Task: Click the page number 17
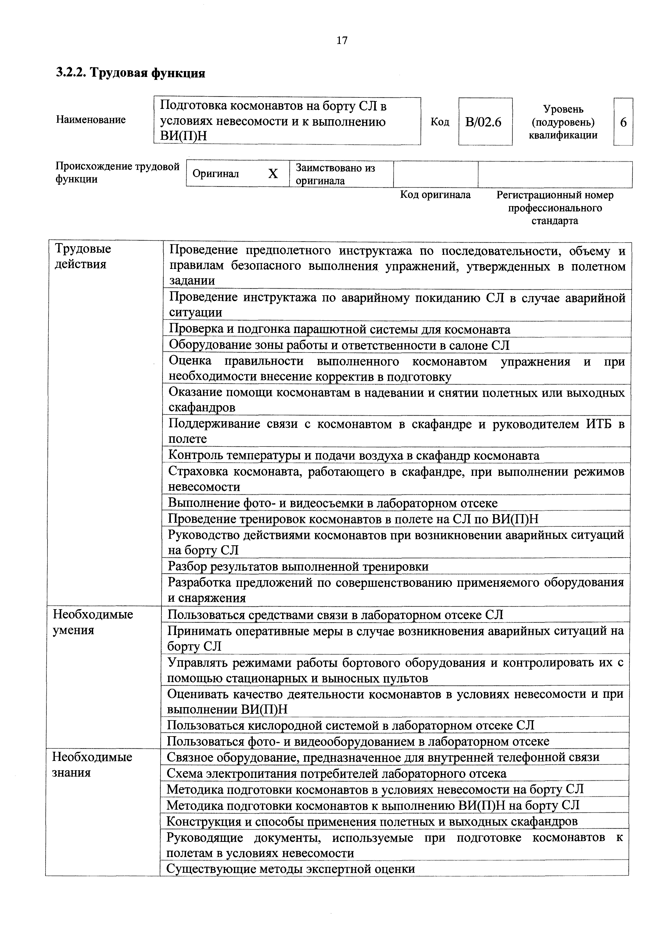342,40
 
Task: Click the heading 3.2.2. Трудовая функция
130,73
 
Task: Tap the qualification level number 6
623,122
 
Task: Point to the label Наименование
91,120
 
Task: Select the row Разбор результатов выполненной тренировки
298,566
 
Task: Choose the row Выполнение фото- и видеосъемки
333,503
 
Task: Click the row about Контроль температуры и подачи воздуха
354,456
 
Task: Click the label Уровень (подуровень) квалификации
563,122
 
